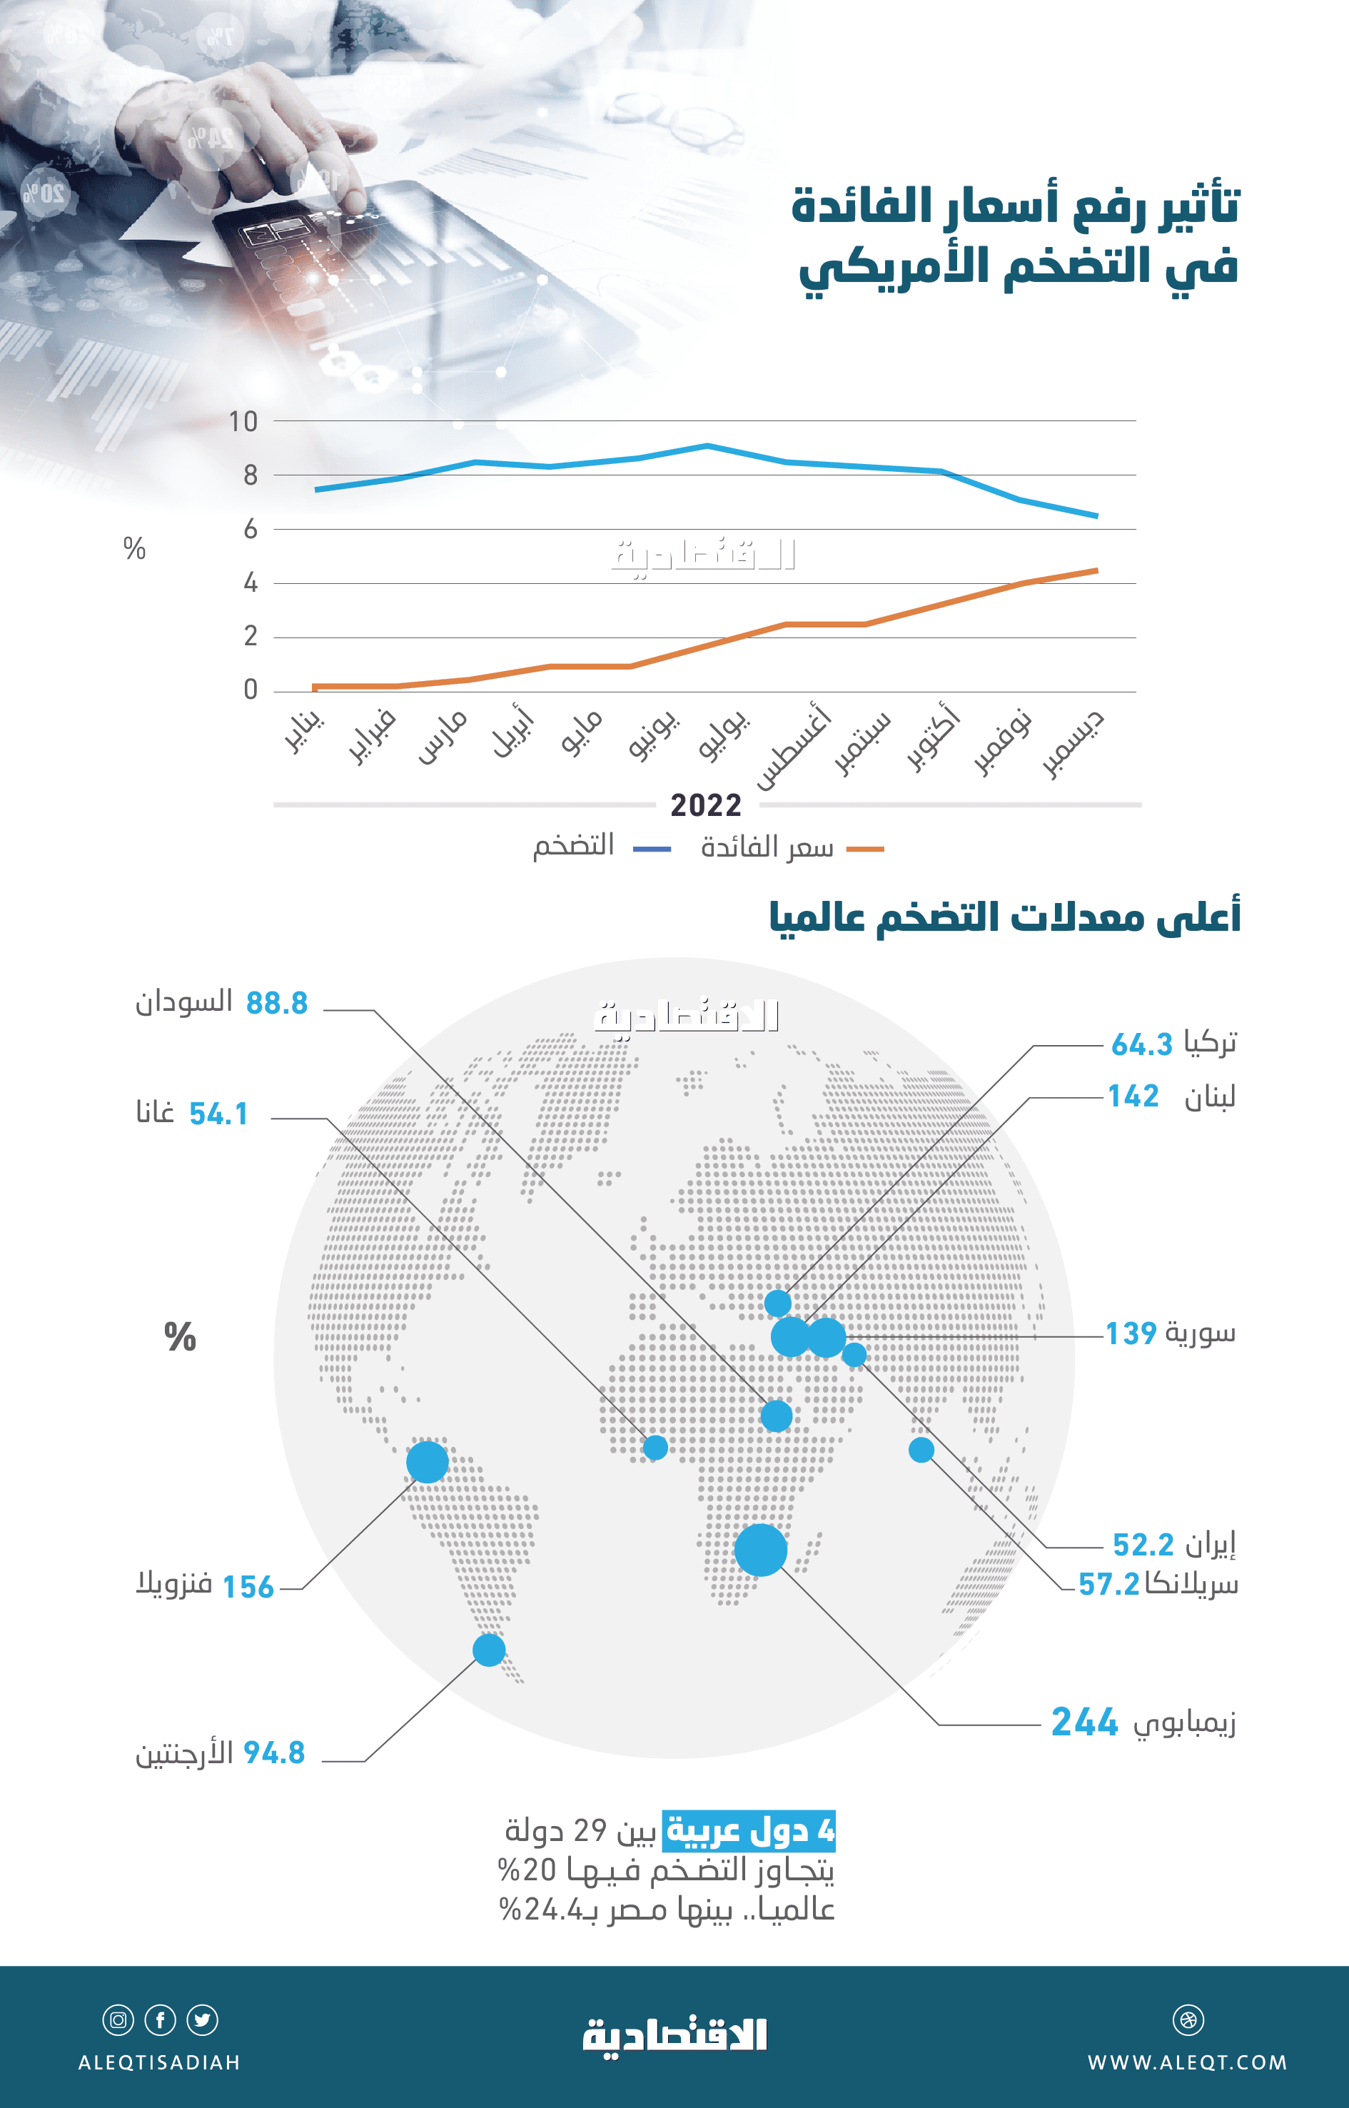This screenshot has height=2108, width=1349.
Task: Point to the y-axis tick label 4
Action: pos(251,583)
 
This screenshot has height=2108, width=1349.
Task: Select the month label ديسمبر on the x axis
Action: pos(1074,744)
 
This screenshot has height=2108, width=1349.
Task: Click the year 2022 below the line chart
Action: pos(705,805)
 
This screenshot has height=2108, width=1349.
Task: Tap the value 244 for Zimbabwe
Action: pos(1084,1722)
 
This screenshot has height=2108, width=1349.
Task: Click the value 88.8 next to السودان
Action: pos(277,1003)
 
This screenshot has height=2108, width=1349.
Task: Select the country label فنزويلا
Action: pos(174,1583)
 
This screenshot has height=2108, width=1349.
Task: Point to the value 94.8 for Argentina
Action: pos(274,1753)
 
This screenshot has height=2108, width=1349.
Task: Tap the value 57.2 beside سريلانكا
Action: pos(1108,1584)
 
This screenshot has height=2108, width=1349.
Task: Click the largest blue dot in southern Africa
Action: pos(760,1550)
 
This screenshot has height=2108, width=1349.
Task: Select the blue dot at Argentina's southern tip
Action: pos(489,1650)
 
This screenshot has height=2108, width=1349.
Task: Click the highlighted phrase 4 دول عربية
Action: pos(749,1830)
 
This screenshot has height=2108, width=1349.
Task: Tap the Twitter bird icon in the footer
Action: pos(203,2020)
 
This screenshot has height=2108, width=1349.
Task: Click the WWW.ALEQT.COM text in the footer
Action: pos(1187,2062)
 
